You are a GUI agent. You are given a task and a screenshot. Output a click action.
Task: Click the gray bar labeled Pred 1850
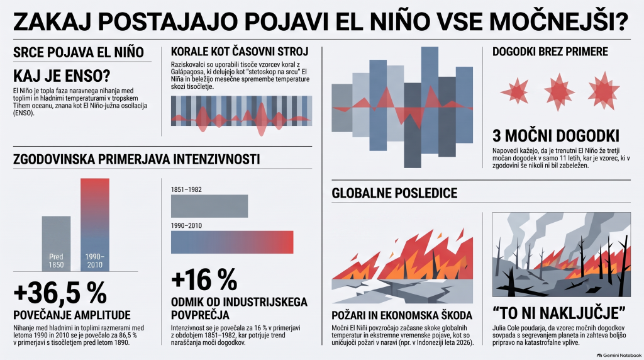click(56, 244)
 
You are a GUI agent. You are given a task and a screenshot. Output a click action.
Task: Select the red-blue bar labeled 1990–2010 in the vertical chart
click(95, 225)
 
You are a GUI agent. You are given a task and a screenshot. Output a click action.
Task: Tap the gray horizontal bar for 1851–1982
click(209, 206)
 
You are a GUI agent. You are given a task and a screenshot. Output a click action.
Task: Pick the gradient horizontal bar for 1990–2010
click(232, 242)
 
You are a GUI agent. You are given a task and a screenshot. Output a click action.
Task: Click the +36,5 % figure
click(60, 293)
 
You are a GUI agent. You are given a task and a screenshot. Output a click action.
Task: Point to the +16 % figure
click(204, 280)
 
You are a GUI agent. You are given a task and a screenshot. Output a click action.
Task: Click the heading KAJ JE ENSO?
click(62, 76)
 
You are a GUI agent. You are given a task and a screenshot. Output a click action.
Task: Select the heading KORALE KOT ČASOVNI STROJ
click(240, 52)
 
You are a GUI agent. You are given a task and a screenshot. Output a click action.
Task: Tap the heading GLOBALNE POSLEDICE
click(394, 193)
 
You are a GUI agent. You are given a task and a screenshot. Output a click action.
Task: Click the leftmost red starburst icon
click(514, 92)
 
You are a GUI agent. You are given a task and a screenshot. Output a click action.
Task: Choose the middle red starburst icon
click(559, 92)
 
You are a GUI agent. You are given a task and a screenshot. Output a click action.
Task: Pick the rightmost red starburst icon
click(603, 91)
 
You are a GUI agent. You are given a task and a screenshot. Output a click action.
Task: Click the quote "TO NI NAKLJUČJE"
click(559, 313)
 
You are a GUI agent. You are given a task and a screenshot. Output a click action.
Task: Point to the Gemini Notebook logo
click(619, 356)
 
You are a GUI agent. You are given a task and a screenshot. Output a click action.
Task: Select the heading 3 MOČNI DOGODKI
click(556, 136)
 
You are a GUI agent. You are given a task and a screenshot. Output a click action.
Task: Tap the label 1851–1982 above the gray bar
click(186, 190)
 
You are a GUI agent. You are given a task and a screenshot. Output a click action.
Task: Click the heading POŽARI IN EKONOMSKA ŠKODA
click(402, 315)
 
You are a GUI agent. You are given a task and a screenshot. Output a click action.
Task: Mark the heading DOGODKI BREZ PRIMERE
click(550, 52)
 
